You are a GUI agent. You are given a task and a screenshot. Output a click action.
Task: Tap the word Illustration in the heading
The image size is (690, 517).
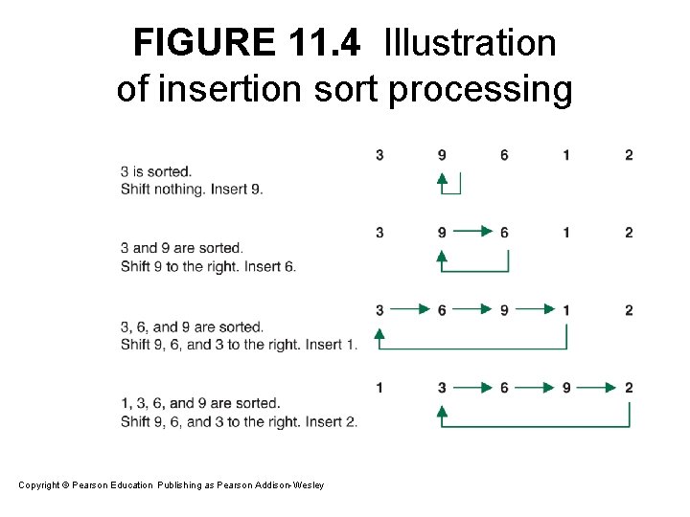[470, 43]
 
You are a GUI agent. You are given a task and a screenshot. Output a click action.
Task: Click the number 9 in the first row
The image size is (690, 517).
[442, 155]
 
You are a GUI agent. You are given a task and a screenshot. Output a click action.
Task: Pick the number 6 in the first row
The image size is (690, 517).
[504, 155]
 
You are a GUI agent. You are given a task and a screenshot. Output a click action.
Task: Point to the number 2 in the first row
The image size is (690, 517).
[629, 155]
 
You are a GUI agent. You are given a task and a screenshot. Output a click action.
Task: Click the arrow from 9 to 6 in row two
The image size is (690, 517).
[472, 232]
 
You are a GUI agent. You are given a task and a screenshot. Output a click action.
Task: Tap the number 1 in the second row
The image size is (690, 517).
[566, 232]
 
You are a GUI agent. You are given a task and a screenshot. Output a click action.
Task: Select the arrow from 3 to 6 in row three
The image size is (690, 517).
[410, 309]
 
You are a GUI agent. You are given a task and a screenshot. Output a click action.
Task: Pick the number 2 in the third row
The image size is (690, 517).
[629, 309]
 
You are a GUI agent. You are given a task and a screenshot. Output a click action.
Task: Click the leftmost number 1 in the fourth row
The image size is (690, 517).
[379, 387]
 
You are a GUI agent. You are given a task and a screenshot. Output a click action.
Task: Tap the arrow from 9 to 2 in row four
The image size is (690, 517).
[597, 387]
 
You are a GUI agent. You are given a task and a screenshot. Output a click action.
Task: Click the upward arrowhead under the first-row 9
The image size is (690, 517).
[442, 179]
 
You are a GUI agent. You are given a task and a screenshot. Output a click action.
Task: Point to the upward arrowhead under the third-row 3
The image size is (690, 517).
[379, 334]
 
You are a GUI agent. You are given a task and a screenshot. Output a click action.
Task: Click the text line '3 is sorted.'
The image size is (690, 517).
[156, 171]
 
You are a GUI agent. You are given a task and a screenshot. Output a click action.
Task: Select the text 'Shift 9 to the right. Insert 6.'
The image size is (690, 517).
[208, 266]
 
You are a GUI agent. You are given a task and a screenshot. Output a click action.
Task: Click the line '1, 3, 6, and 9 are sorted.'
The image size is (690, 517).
[200, 403]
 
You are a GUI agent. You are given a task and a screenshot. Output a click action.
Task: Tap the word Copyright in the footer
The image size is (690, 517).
[38, 485]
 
